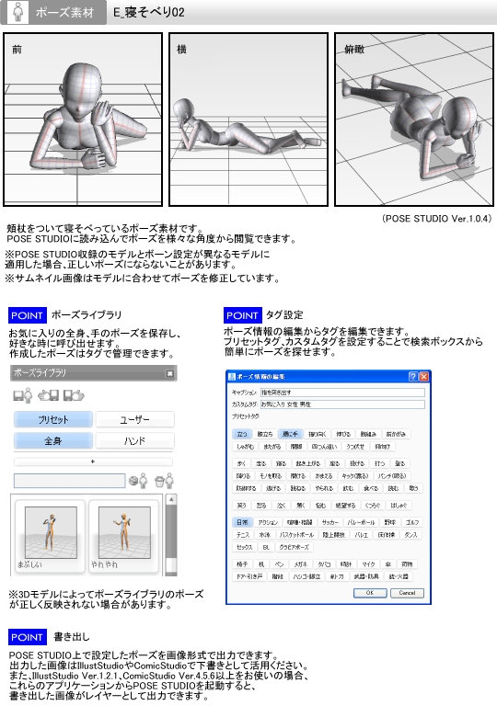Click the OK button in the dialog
pos(370,593)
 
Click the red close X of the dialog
pos(424,377)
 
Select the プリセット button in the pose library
pos(52,419)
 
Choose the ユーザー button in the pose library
pos(134,419)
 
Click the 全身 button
pos(52,441)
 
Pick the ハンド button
pos(134,441)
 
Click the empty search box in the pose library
pos(69,480)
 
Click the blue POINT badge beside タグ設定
pos(241,315)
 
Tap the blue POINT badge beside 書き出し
pos(27,637)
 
